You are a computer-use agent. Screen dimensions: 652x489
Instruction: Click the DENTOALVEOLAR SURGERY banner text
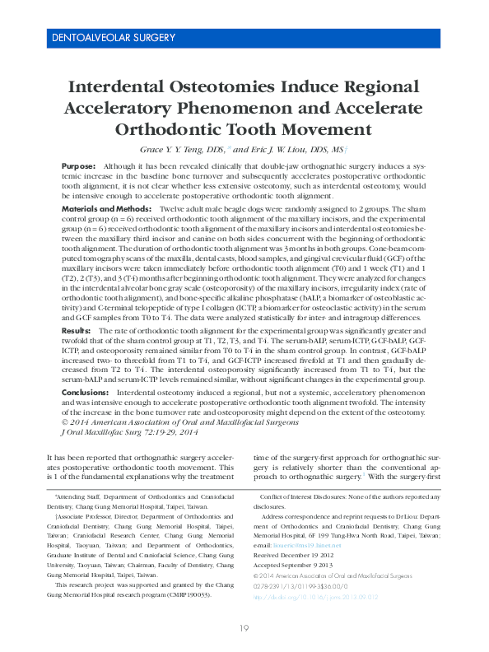click(113, 38)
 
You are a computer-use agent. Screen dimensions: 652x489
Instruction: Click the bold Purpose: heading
click(79, 166)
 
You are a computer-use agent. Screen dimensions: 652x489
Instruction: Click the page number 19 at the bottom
click(244, 629)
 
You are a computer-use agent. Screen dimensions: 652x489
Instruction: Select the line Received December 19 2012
click(300, 556)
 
